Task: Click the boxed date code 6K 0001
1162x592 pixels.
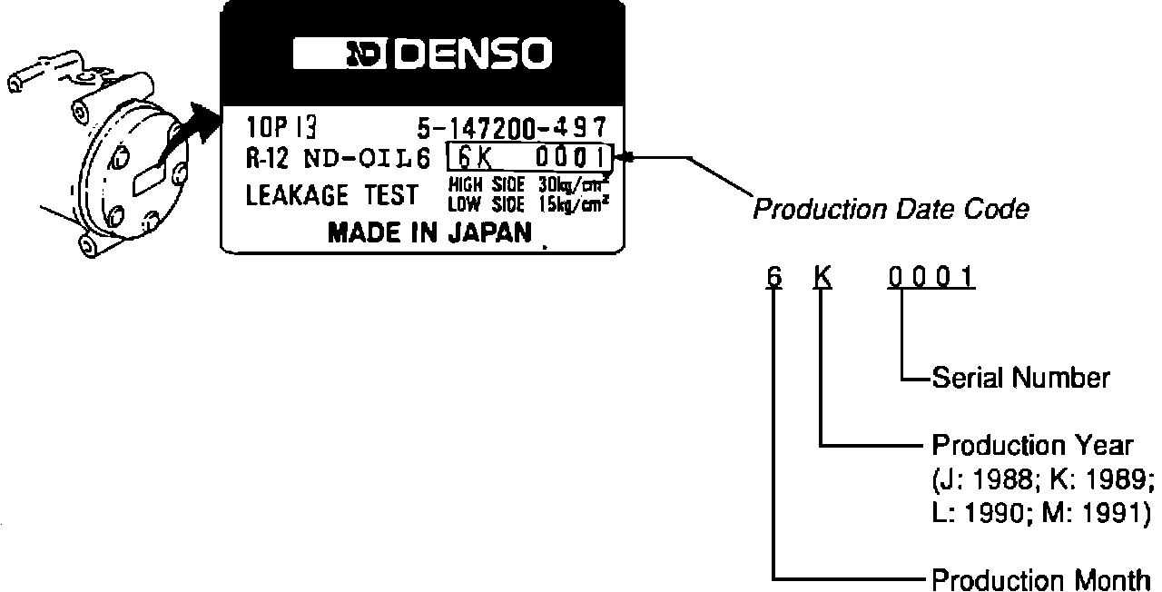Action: tap(530, 158)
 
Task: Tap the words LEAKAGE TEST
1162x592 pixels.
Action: tap(332, 194)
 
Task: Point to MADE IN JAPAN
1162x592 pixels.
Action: tap(429, 233)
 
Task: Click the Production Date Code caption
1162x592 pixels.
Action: tap(891, 210)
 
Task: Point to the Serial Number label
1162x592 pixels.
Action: tap(1020, 378)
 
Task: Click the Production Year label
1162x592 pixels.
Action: tap(1032, 446)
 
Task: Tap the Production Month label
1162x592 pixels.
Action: tap(1041, 580)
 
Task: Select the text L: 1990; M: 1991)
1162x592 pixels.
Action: tap(1041, 511)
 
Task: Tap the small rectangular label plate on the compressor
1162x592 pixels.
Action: tap(147, 178)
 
